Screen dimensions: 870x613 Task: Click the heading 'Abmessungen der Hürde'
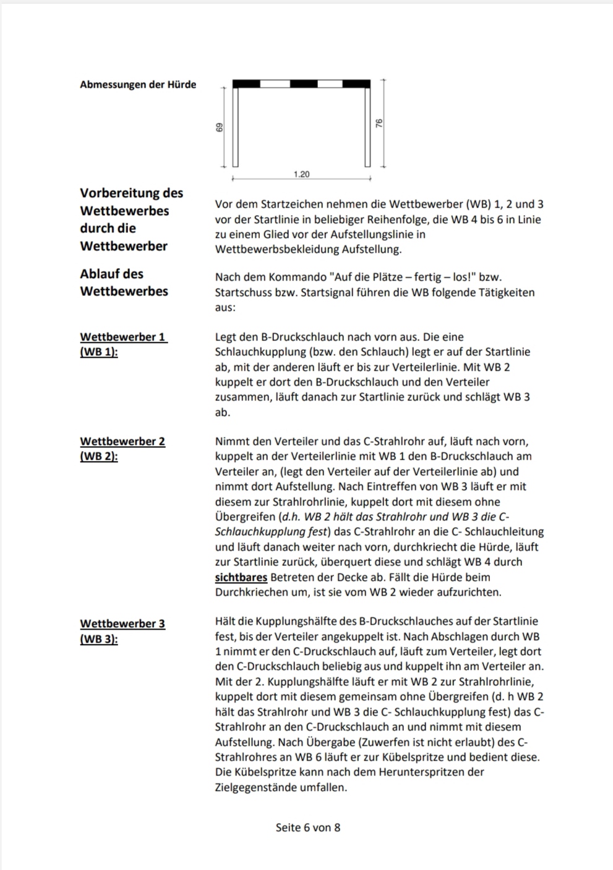[138, 85]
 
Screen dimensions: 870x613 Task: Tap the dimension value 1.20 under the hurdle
[301, 174]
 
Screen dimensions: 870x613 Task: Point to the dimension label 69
[220, 127]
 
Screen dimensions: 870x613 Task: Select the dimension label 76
[379, 123]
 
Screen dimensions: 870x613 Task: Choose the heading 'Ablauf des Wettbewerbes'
[124, 282]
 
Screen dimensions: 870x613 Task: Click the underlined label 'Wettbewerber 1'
[122, 337]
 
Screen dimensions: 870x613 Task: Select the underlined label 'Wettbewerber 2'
[122, 441]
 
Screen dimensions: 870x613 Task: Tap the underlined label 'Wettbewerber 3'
[122, 623]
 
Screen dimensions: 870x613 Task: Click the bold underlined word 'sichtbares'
[241, 577]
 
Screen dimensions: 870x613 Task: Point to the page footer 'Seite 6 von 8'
[307, 827]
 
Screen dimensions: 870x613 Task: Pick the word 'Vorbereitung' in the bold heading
[117, 193]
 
